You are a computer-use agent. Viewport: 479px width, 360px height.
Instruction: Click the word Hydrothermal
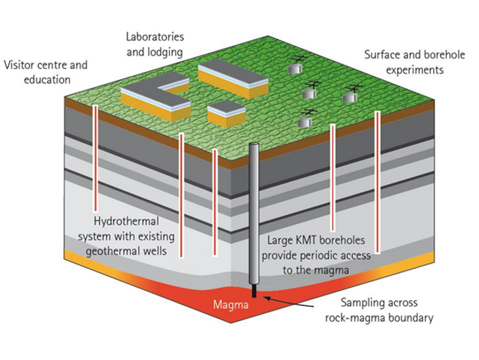(x=126, y=223)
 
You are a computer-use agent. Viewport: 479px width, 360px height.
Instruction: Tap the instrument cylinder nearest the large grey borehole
(x=305, y=122)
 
